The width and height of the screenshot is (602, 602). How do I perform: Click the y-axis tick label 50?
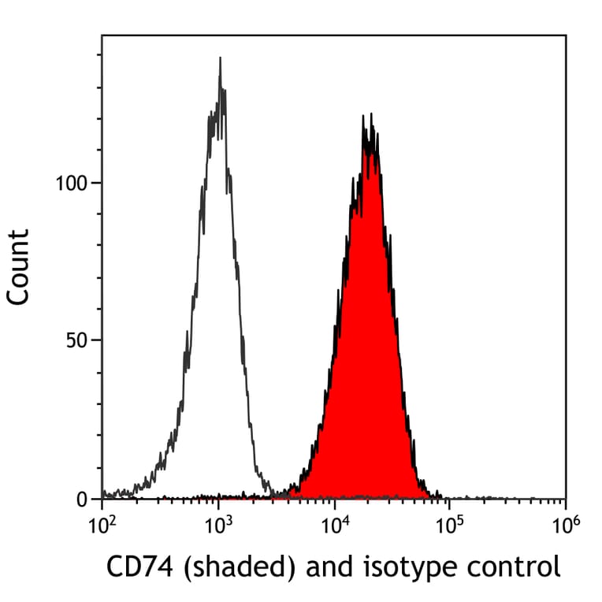[79, 341]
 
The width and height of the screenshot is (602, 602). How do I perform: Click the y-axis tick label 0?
[84, 500]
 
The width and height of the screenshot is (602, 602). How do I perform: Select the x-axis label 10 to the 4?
[333, 524]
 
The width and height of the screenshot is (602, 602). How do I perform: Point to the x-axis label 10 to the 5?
[449, 524]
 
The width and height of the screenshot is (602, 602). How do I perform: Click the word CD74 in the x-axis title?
[134, 567]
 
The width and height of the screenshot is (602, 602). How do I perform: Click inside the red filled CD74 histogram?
[366, 355]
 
